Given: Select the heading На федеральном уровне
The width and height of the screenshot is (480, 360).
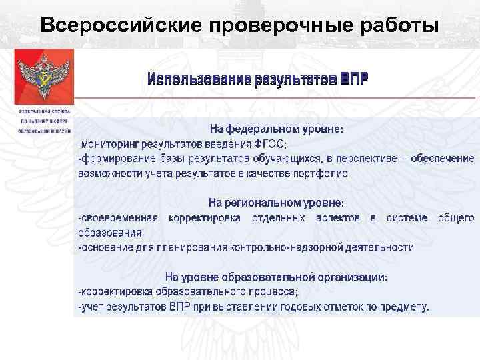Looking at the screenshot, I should [277, 129].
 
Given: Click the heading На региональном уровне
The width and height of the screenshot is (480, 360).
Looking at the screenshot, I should [277, 202].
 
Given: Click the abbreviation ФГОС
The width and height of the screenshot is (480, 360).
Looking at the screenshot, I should [269, 144].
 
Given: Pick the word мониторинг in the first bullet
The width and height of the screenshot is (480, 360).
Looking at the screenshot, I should [111, 144].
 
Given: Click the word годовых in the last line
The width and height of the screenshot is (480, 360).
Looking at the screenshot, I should [303, 307].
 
